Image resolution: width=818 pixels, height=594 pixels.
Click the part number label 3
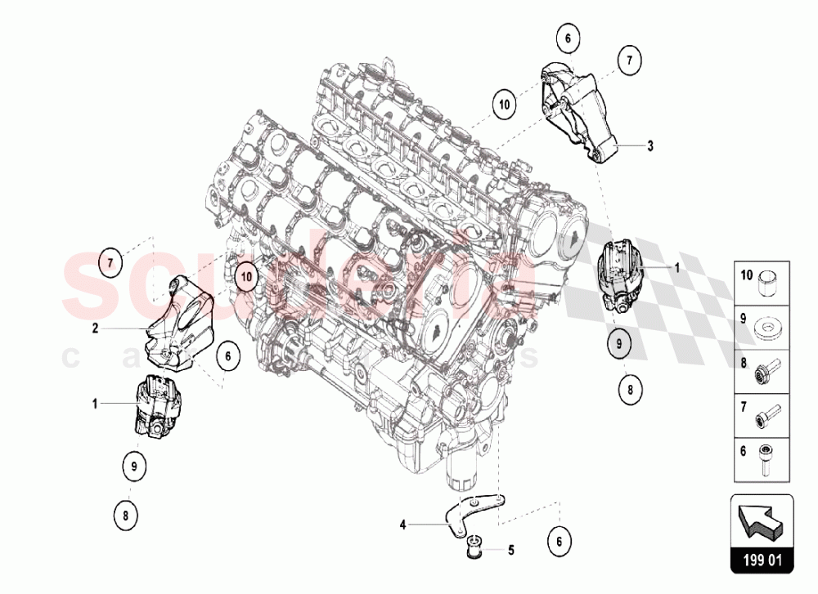click(650, 146)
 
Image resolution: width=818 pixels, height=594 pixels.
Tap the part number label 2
click(95, 328)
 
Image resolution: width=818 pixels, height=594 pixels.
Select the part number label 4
click(403, 525)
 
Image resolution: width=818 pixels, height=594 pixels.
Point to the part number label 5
click(511, 550)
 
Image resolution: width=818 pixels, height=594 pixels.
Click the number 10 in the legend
click(746, 275)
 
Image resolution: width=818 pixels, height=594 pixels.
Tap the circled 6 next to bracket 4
click(560, 540)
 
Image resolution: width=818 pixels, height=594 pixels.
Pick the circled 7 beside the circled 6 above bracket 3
click(628, 59)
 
